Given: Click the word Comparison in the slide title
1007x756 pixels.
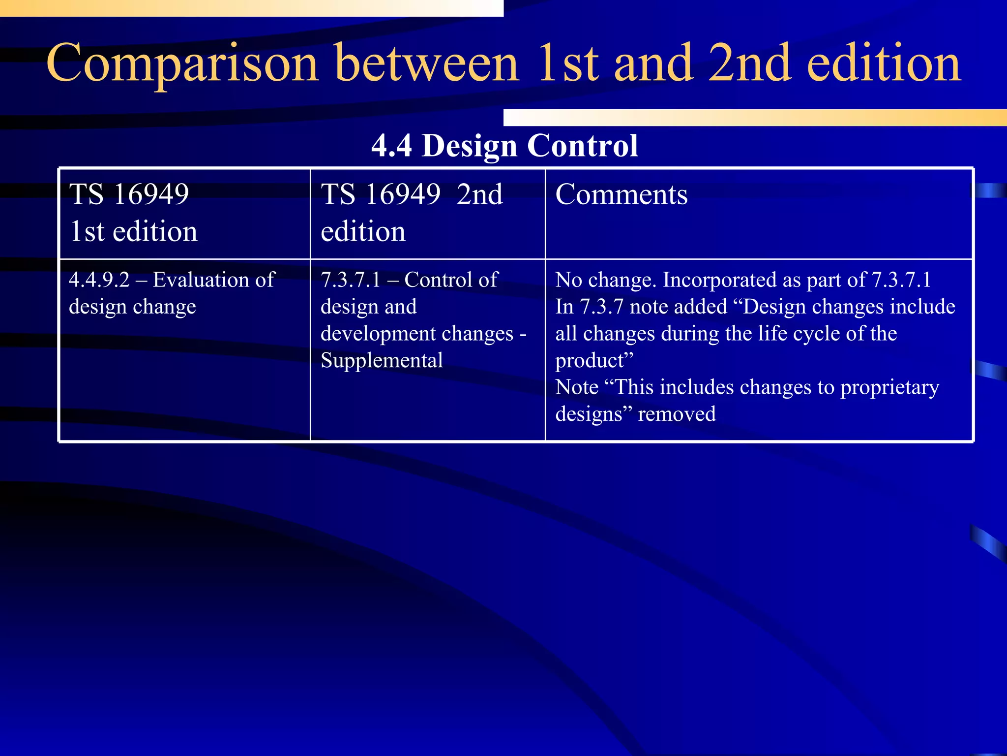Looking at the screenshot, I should (x=182, y=64).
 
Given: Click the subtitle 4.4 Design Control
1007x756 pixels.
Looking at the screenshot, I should (x=504, y=146).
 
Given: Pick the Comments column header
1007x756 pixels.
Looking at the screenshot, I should (x=621, y=194).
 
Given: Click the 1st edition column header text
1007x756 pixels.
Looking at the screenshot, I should (x=133, y=213).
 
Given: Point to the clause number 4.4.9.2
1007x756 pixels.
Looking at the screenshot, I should (x=99, y=280).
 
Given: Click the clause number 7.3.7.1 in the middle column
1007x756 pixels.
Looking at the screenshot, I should (x=351, y=280).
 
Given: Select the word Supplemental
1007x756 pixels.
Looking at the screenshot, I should (x=382, y=361).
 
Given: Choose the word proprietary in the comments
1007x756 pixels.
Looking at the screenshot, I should (x=889, y=388).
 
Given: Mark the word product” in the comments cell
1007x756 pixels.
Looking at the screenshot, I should (x=594, y=361).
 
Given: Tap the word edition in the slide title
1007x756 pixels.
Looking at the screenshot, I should (x=884, y=64).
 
